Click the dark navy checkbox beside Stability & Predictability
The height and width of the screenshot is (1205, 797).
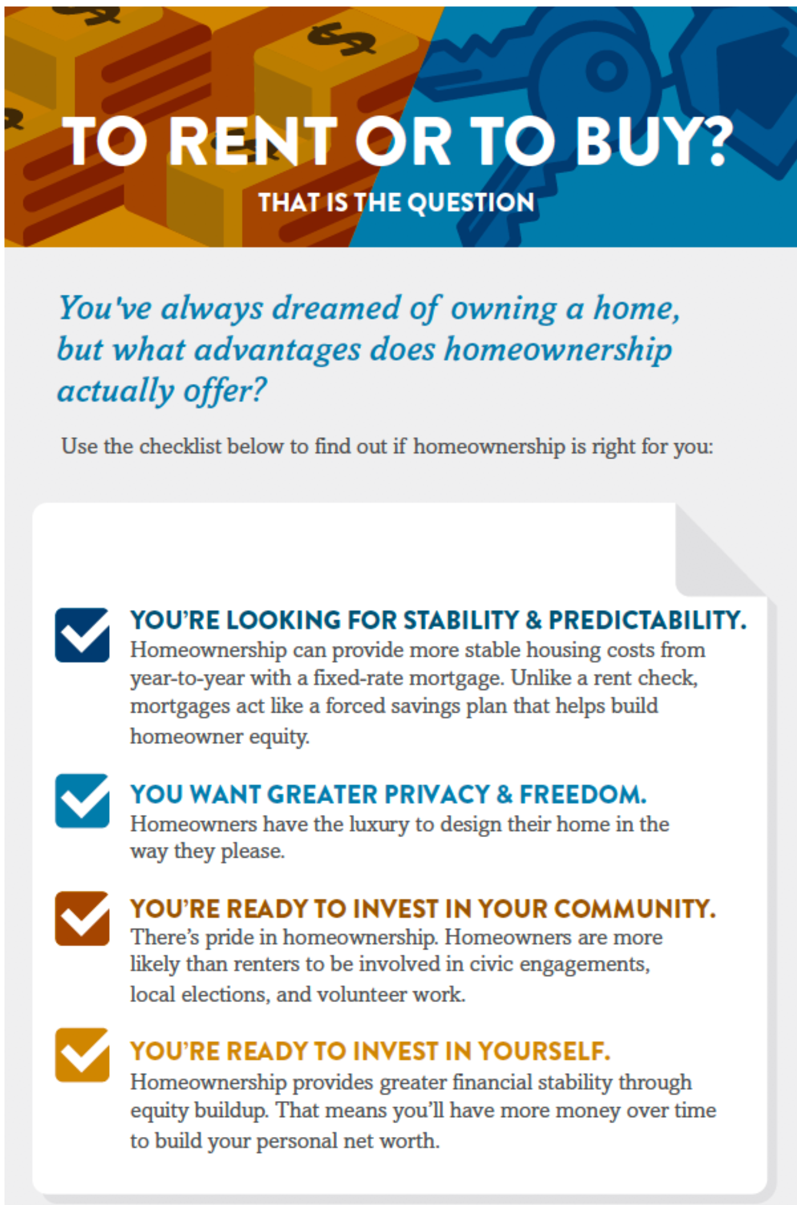pyautogui.click(x=82, y=635)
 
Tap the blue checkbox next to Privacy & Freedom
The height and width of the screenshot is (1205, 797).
pyautogui.click(x=82, y=801)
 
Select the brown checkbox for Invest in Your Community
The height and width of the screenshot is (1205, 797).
pyautogui.click(x=82, y=918)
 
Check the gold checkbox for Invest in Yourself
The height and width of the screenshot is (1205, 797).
pyautogui.click(x=82, y=1055)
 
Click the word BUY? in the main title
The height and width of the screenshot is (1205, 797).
pyautogui.click(x=654, y=141)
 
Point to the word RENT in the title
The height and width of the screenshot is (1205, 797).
pyautogui.click(x=253, y=141)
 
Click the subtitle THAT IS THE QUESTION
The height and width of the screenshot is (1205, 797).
pyautogui.click(x=396, y=202)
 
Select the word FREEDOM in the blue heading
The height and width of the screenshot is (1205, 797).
pyautogui.click(x=583, y=794)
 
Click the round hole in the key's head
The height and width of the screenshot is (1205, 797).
pyautogui.click(x=607, y=71)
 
